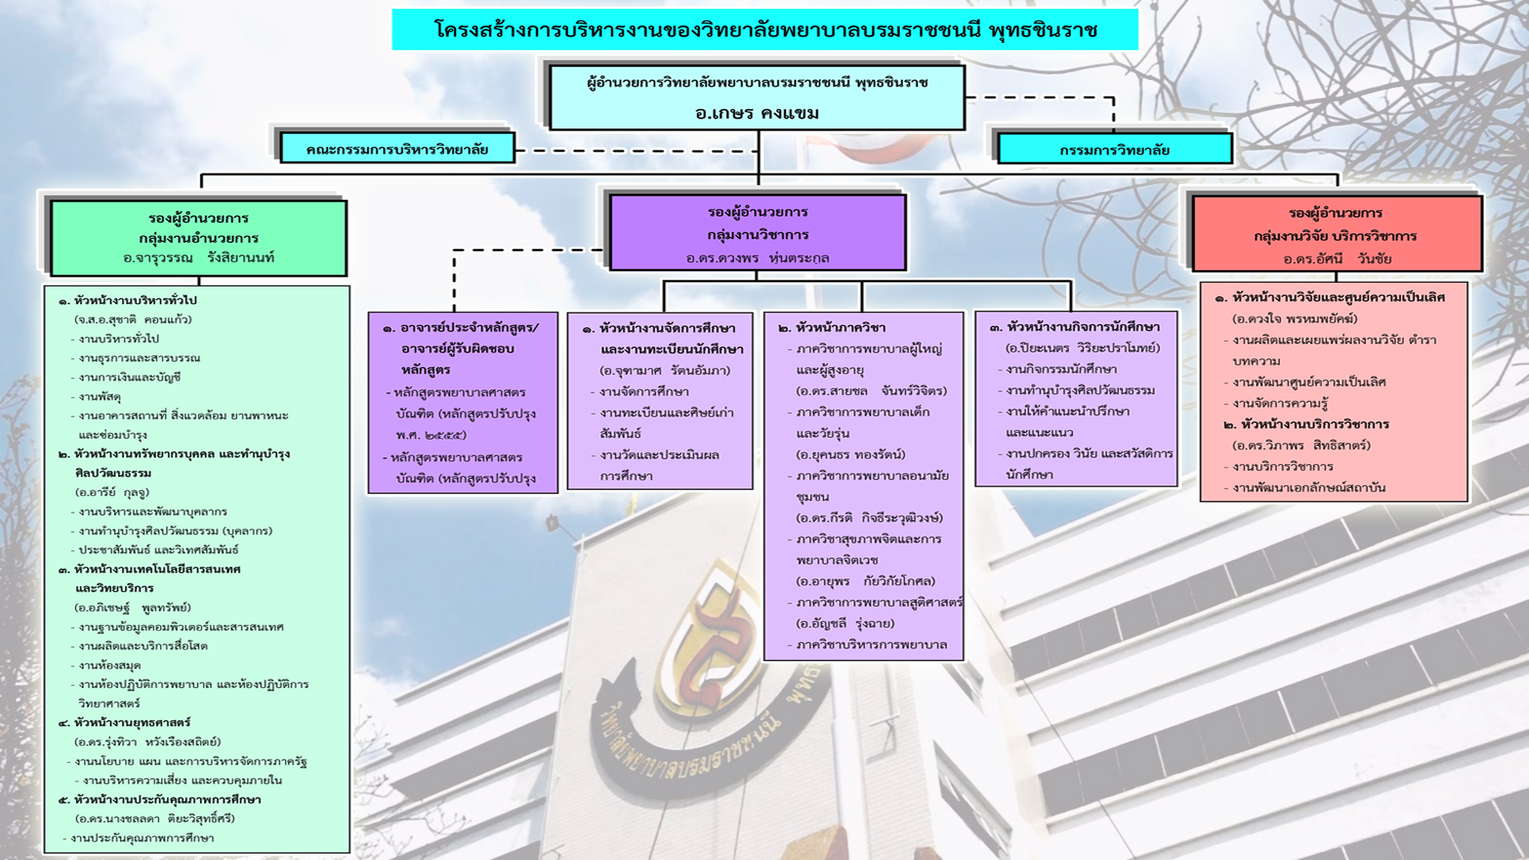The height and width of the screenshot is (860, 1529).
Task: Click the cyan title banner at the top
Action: point(764,30)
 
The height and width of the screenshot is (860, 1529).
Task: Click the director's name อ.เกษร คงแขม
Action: point(757,113)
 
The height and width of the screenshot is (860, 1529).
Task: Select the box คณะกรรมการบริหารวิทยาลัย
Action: point(397,149)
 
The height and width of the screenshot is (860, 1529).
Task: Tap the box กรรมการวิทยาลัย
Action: point(1114,150)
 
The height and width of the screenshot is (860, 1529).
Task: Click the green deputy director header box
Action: point(198,237)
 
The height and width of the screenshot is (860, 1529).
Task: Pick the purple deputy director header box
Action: point(757,233)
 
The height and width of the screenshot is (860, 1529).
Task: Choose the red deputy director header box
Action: point(1336,235)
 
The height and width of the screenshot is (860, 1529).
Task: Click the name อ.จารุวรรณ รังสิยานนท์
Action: point(198,258)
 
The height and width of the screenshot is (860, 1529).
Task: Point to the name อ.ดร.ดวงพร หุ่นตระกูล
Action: point(757,258)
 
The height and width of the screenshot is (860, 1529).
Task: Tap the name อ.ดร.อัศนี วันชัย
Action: point(1336,259)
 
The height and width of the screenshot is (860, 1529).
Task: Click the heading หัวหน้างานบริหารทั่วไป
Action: point(135,300)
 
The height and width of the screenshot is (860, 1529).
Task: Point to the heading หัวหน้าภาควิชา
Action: point(839,327)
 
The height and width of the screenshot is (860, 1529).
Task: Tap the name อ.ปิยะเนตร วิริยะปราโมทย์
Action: point(1082,348)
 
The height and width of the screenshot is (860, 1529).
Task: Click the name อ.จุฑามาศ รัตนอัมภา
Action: point(664,370)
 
